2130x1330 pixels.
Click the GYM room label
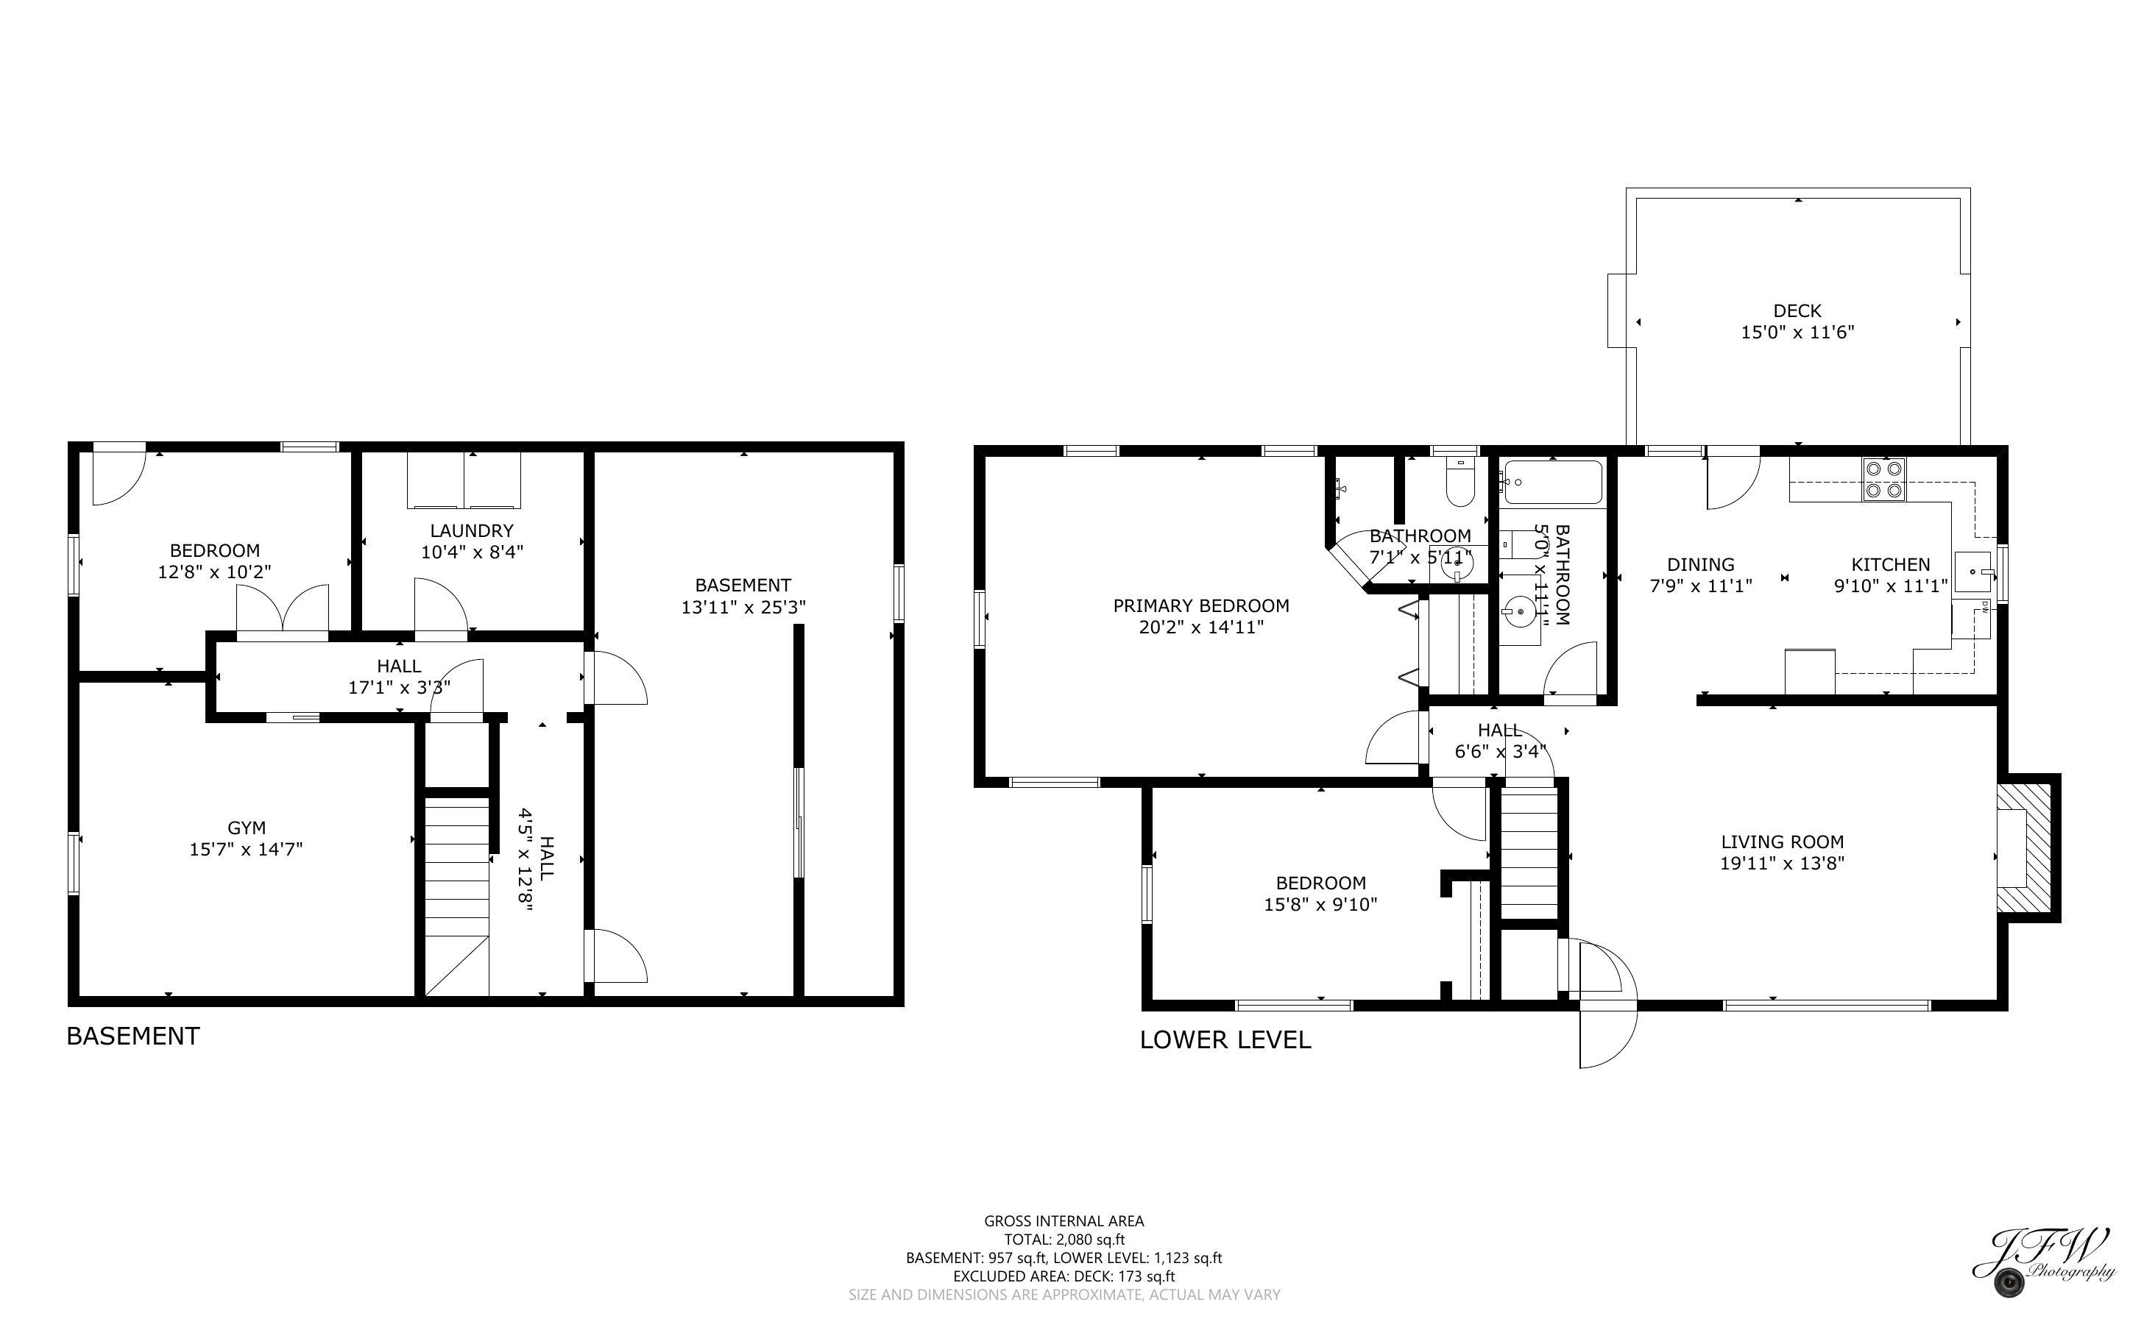(x=247, y=828)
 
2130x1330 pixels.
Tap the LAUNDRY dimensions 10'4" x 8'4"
(x=473, y=552)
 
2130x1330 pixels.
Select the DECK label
(x=1797, y=310)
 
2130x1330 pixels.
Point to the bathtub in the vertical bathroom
(x=1552, y=482)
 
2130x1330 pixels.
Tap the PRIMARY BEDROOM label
(x=1201, y=605)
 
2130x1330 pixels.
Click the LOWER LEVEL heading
(x=1225, y=1039)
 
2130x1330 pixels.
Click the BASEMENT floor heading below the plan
(x=133, y=1036)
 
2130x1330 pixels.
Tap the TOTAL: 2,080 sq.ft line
(x=1064, y=1240)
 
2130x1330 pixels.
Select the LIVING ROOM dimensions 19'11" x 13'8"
(x=1782, y=864)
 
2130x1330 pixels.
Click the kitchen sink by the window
(x=1974, y=571)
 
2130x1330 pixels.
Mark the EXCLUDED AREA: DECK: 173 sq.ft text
(x=1064, y=1276)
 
